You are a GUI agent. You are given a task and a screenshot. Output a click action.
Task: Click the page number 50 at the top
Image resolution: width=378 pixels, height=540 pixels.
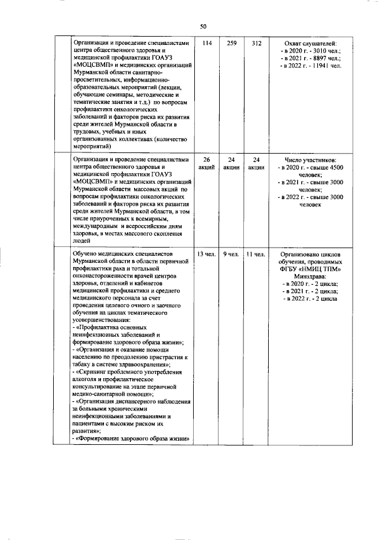pos(203,25)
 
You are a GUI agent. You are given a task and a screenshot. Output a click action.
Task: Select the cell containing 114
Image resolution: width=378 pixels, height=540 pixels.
pos(206,44)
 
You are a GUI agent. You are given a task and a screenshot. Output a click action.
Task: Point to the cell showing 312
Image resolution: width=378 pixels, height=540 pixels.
pos(256,44)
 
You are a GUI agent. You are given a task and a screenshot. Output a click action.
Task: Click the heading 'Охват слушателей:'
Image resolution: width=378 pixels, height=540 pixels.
pos(311,44)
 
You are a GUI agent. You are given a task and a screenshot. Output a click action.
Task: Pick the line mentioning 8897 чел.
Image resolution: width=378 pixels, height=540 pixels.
pos(311,58)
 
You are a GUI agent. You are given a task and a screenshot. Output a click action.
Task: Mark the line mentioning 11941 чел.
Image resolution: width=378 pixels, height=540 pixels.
pos(311,66)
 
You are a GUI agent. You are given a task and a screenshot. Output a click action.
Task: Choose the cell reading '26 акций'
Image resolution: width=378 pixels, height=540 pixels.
pos(206,164)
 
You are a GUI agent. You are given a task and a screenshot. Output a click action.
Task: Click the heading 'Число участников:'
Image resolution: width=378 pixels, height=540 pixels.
pos(311,160)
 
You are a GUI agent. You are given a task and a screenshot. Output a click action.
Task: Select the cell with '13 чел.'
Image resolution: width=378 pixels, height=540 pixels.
pos(206,253)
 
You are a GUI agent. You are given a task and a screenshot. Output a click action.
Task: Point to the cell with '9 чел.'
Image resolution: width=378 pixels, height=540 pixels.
pos(231,253)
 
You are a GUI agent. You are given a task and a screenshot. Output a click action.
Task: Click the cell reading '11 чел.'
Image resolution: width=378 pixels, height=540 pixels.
pos(256,253)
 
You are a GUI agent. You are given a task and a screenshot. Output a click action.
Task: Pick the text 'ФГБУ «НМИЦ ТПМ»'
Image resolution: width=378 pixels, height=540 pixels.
pos(311,269)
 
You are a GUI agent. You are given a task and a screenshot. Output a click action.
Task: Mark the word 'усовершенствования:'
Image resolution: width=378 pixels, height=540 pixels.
pos(98,320)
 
